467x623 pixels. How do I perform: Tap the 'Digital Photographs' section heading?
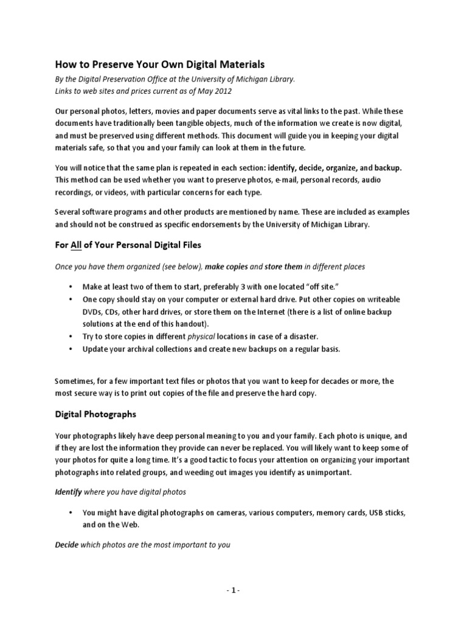pos(95,414)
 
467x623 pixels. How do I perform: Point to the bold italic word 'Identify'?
pos(69,491)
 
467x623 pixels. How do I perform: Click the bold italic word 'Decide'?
pos(67,545)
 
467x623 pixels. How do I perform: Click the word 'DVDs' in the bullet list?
pos(94,312)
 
